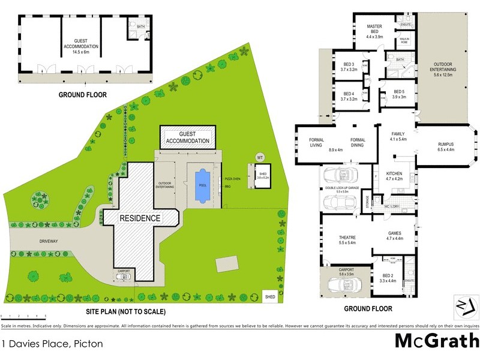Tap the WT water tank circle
260,157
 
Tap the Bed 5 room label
399,94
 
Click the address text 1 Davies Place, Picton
52,344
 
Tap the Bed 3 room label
349,67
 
